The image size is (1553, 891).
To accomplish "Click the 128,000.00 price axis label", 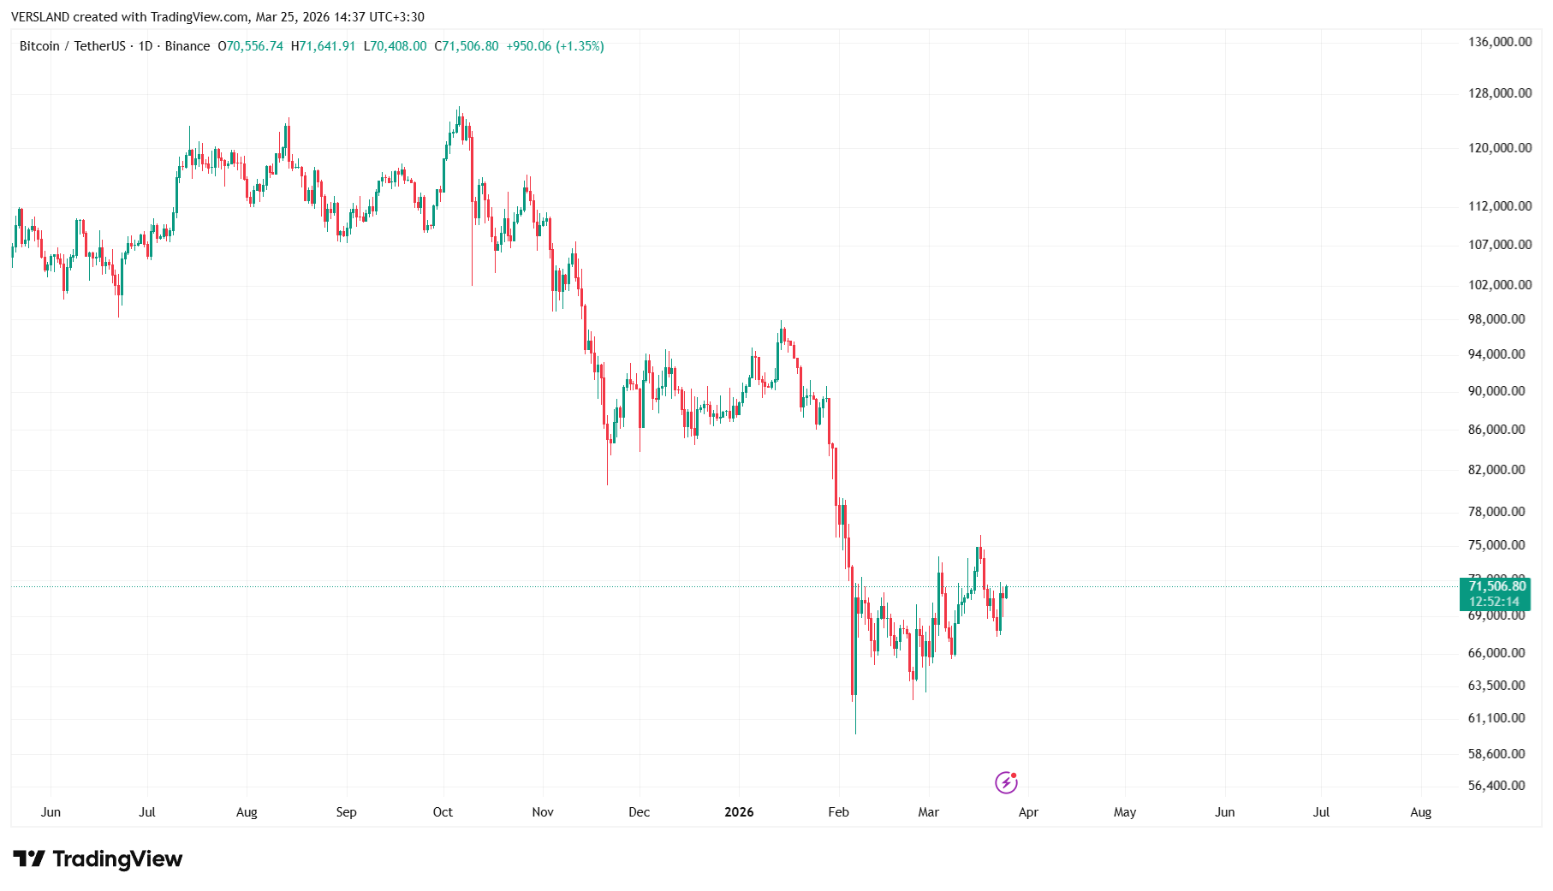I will [1499, 93].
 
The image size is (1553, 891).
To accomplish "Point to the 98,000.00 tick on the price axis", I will [1496, 319].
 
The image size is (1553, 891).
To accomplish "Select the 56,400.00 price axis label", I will [1496, 786].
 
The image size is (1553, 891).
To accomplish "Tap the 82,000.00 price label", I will [1496, 470].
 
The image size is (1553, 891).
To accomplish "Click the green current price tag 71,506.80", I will [1496, 586].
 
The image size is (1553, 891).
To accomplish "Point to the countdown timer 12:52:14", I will [1494, 602].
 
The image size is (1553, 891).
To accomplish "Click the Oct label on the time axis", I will [443, 812].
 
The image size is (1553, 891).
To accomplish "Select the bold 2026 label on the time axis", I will [739, 812].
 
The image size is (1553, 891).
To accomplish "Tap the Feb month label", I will [838, 812].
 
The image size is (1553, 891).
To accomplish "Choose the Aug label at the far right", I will [1420, 812].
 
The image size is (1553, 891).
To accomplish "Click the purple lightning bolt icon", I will [1006, 782].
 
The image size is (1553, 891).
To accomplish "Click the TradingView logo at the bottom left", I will [98, 858].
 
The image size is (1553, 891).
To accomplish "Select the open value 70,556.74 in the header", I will [254, 46].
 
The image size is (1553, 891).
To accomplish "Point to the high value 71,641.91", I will [327, 46].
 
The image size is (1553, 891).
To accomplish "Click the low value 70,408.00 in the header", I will [398, 46].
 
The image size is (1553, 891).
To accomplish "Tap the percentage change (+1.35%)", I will [580, 46].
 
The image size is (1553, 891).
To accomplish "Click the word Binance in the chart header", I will [187, 46].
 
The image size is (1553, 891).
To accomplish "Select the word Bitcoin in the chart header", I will [39, 46].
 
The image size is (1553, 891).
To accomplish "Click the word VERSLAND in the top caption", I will [40, 17].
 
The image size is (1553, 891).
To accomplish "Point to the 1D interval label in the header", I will [146, 46].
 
